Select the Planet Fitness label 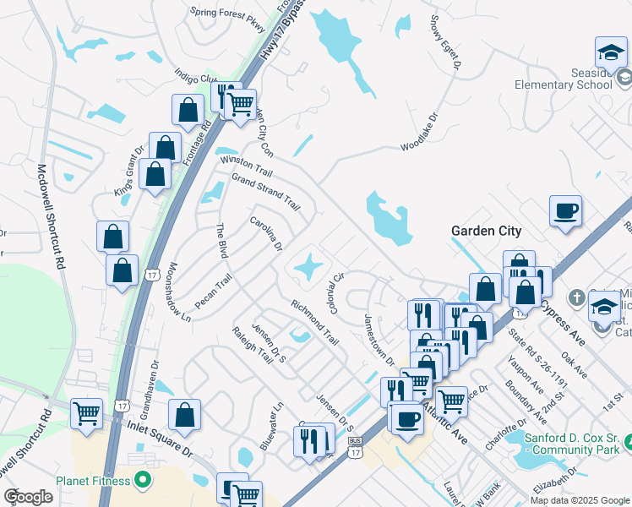[93, 481]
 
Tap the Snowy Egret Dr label [446, 41]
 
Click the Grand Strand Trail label [265, 192]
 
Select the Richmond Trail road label [314, 322]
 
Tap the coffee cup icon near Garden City [565, 210]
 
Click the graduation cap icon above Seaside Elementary [611, 53]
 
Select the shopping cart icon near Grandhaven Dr [87, 414]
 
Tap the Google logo [28, 497]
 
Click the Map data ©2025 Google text [579, 500]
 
